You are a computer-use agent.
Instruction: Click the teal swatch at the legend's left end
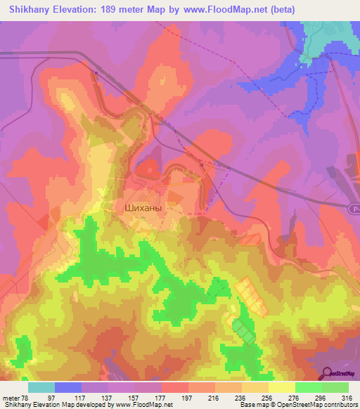[41, 387]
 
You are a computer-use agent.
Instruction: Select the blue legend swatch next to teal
[68, 387]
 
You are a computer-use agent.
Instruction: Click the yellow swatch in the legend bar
[282, 387]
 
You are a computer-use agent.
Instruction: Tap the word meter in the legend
[10, 397]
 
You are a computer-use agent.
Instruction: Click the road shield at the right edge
[354, 208]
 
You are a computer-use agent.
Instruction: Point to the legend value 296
[320, 397]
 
